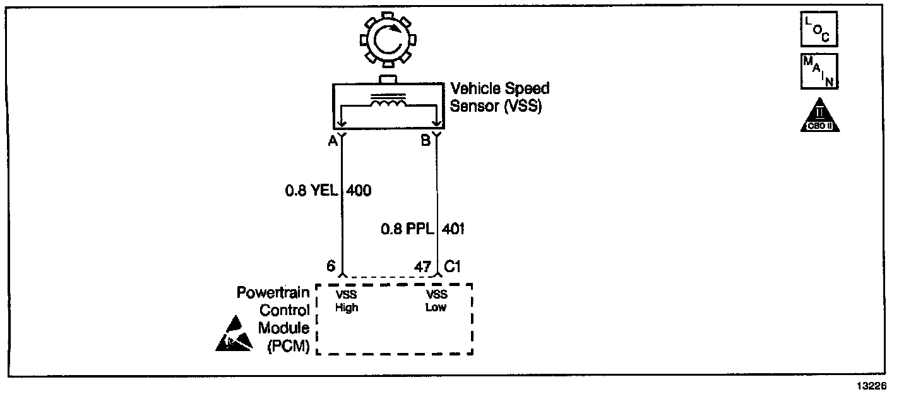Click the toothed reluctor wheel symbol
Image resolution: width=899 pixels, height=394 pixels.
388,41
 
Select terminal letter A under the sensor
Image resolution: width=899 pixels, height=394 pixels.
332,142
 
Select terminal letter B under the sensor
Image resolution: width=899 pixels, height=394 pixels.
426,142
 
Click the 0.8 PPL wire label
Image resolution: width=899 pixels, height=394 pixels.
407,229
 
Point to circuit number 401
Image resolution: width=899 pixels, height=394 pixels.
454,229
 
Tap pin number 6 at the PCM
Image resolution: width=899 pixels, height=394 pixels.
330,266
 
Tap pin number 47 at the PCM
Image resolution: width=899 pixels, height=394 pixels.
422,266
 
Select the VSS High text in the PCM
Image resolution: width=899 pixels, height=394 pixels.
347,301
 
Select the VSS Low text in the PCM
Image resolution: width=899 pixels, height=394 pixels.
436,301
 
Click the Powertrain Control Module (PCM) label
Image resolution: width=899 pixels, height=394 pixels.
273,319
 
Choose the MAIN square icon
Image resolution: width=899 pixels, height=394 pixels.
819,71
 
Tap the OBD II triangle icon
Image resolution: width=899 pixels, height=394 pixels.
819,116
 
